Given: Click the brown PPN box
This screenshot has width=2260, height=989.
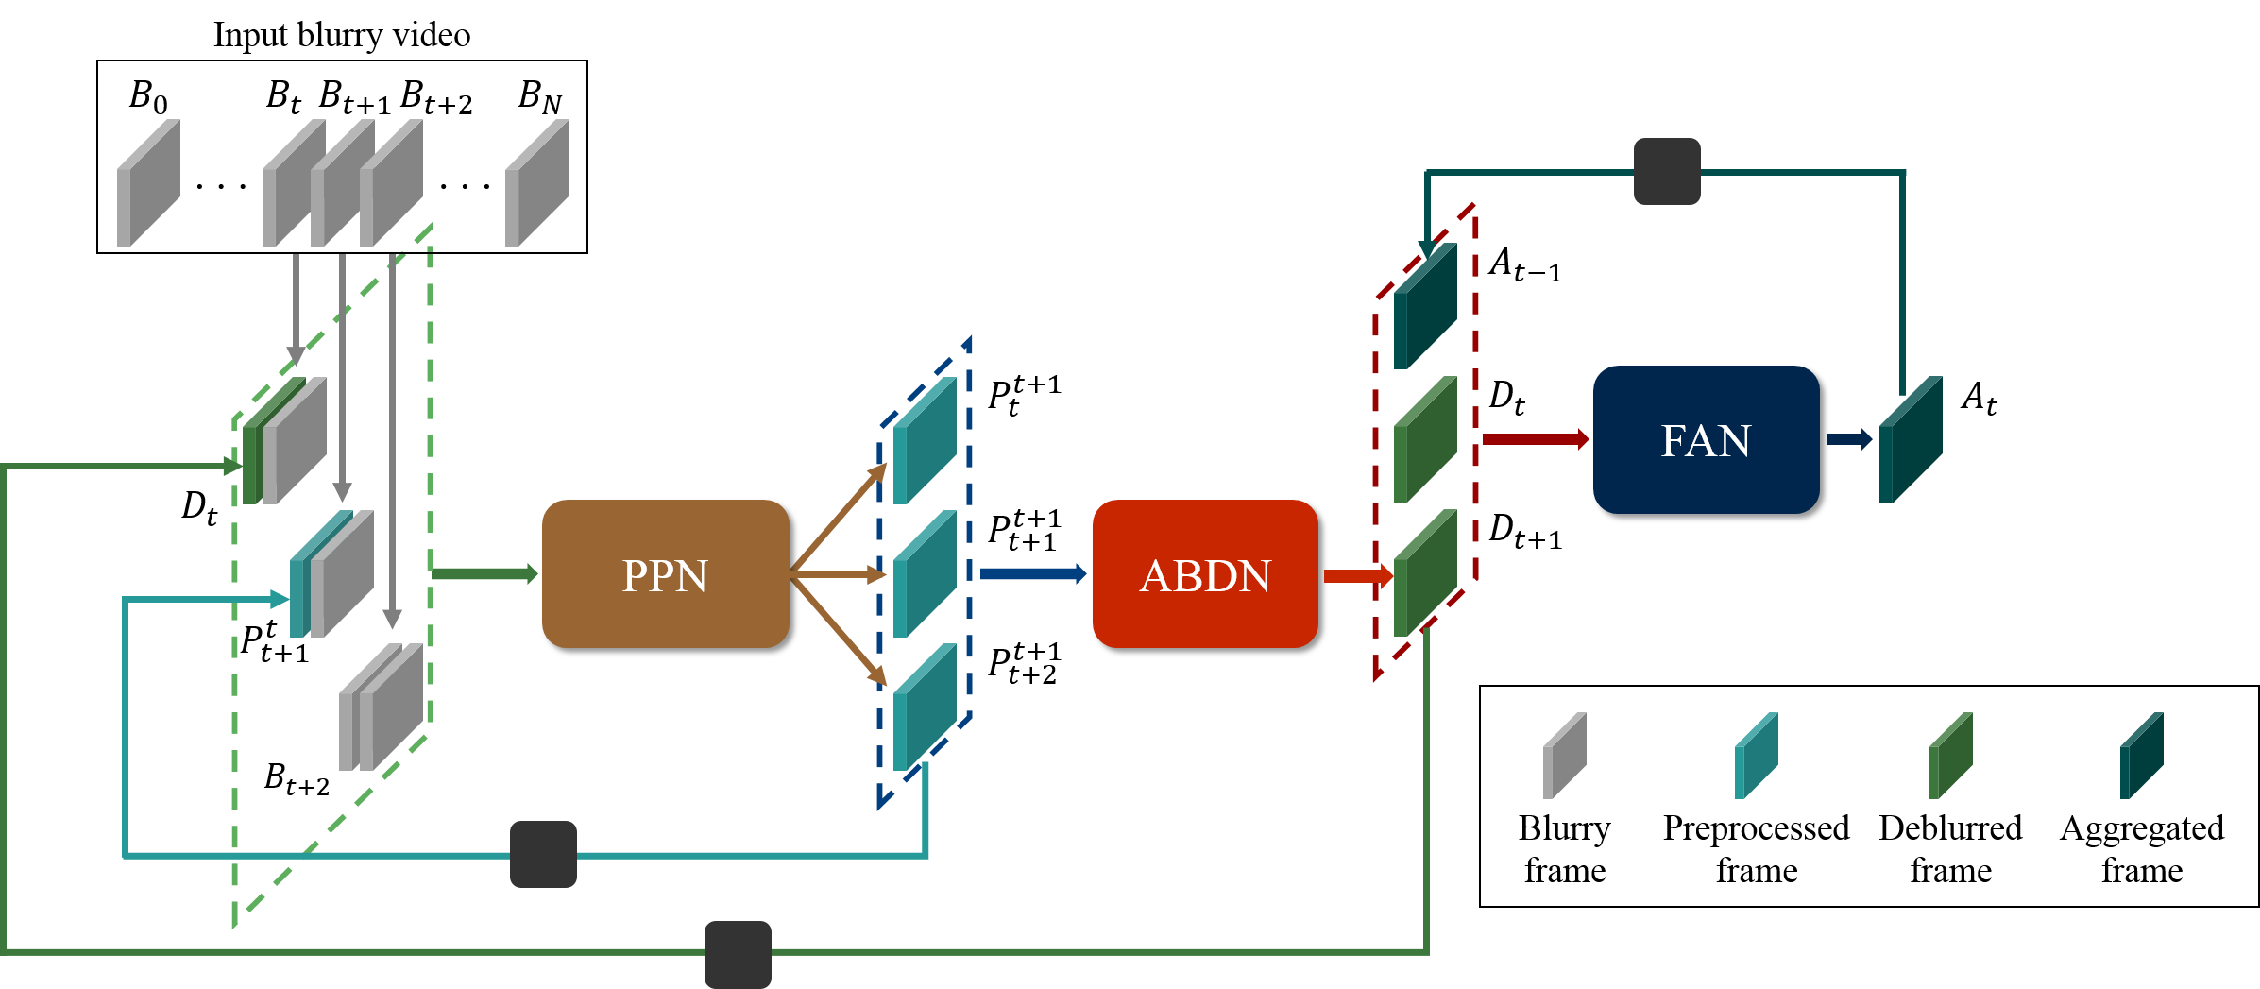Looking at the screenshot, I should click(x=665, y=573).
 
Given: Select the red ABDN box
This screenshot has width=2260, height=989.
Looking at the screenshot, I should click(x=1204, y=573).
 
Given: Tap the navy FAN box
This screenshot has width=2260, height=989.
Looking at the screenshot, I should click(x=1706, y=439).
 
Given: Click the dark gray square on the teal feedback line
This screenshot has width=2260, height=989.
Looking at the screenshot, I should click(x=543, y=854).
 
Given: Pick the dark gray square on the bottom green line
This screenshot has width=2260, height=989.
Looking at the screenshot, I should click(x=738, y=953).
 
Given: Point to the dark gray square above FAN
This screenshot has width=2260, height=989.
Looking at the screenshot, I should click(x=1667, y=171).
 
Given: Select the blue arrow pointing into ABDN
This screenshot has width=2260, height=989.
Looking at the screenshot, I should click(x=1032, y=573).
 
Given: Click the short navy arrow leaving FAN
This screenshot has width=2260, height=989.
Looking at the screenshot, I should click(x=1848, y=439).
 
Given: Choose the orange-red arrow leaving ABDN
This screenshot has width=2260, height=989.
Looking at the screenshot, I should click(x=1356, y=575).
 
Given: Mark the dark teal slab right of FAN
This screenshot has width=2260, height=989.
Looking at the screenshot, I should click(x=1911, y=440).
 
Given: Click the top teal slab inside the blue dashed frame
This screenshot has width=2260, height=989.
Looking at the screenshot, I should click(x=925, y=441).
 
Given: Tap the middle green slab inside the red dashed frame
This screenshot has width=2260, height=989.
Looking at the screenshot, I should click(x=1425, y=439).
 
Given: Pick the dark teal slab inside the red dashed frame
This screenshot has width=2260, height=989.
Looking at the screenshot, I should click(x=1425, y=306).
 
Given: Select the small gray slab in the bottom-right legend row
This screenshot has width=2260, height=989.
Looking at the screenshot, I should click(x=1564, y=756).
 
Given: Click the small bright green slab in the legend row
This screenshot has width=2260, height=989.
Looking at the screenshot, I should click(x=1950, y=756).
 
